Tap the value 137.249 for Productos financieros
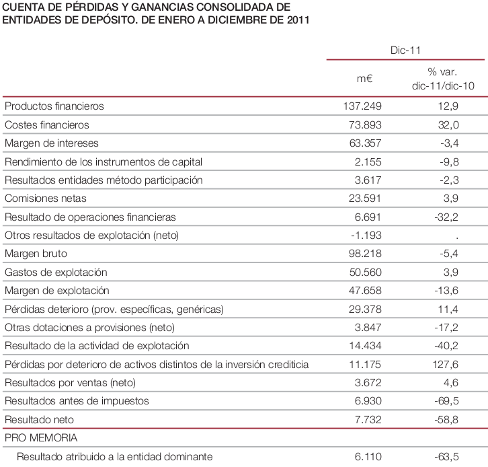[362, 106]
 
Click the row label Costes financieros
[46, 125]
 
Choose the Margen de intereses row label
[52, 143]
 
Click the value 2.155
[368, 161]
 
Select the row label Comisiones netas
[45, 199]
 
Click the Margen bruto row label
[36, 254]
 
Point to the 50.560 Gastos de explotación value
[365, 272]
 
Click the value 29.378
[365, 309]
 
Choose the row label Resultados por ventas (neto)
[70, 383]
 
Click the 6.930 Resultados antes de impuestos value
[368, 401]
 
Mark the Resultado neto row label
[39, 419]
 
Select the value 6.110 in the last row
[368, 457]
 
